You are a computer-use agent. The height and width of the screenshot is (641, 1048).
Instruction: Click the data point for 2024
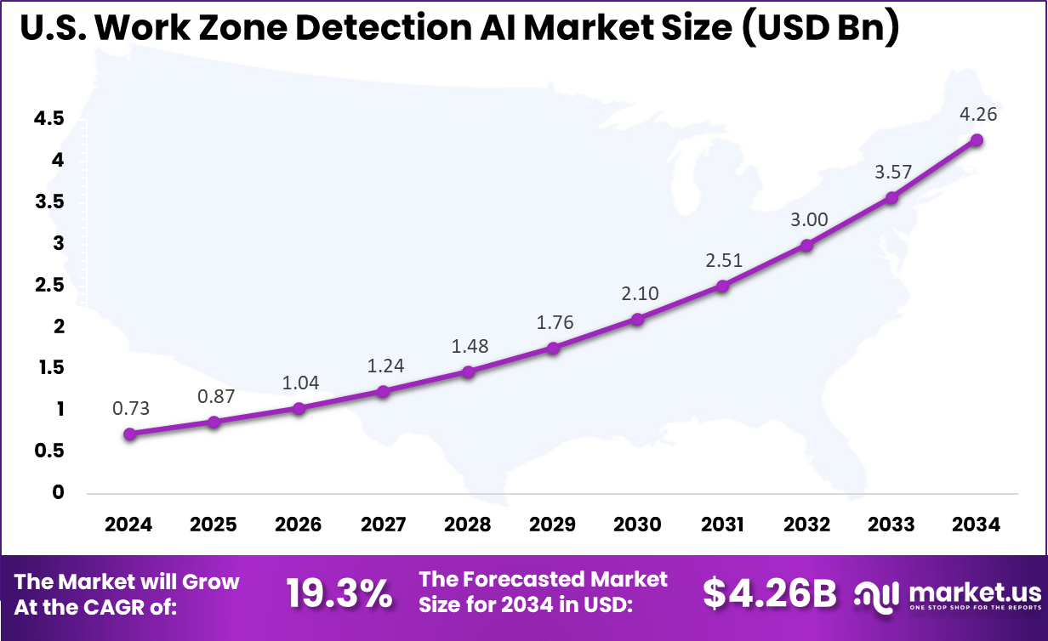pyautogui.click(x=129, y=434)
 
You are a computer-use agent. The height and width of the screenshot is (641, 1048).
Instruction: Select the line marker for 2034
pyautogui.click(x=977, y=140)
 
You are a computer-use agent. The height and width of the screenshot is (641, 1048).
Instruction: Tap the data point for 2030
pyautogui.click(x=637, y=319)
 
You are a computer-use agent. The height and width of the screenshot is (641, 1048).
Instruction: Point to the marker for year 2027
pyautogui.click(x=383, y=392)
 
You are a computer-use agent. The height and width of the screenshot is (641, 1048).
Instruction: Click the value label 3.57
pyautogui.click(x=892, y=172)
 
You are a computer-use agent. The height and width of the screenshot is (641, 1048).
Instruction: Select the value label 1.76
pyautogui.click(x=554, y=322)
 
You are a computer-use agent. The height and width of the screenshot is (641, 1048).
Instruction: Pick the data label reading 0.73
pyautogui.click(x=130, y=408)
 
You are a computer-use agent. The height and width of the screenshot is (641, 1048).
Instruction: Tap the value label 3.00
pyautogui.click(x=807, y=219)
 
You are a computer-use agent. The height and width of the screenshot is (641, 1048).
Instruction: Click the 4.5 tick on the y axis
pyautogui.click(x=48, y=119)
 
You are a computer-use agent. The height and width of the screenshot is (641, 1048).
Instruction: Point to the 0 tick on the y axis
pyautogui.click(x=58, y=492)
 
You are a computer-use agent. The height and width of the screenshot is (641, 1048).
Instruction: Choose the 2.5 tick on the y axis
pyautogui.click(x=48, y=285)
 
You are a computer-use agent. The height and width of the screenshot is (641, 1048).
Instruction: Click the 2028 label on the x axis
pyautogui.click(x=467, y=524)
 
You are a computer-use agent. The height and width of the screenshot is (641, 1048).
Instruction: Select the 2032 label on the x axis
pyautogui.click(x=806, y=524)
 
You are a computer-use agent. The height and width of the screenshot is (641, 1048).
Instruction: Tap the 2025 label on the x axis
pyautogui.click(x=214, y=524)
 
